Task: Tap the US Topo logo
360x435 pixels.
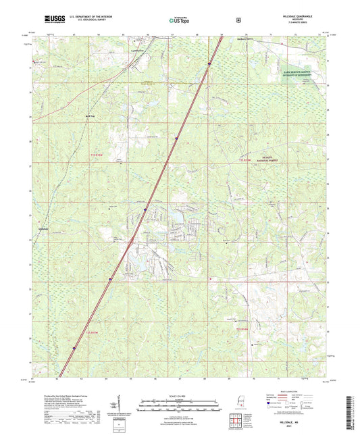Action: [180, 21]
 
